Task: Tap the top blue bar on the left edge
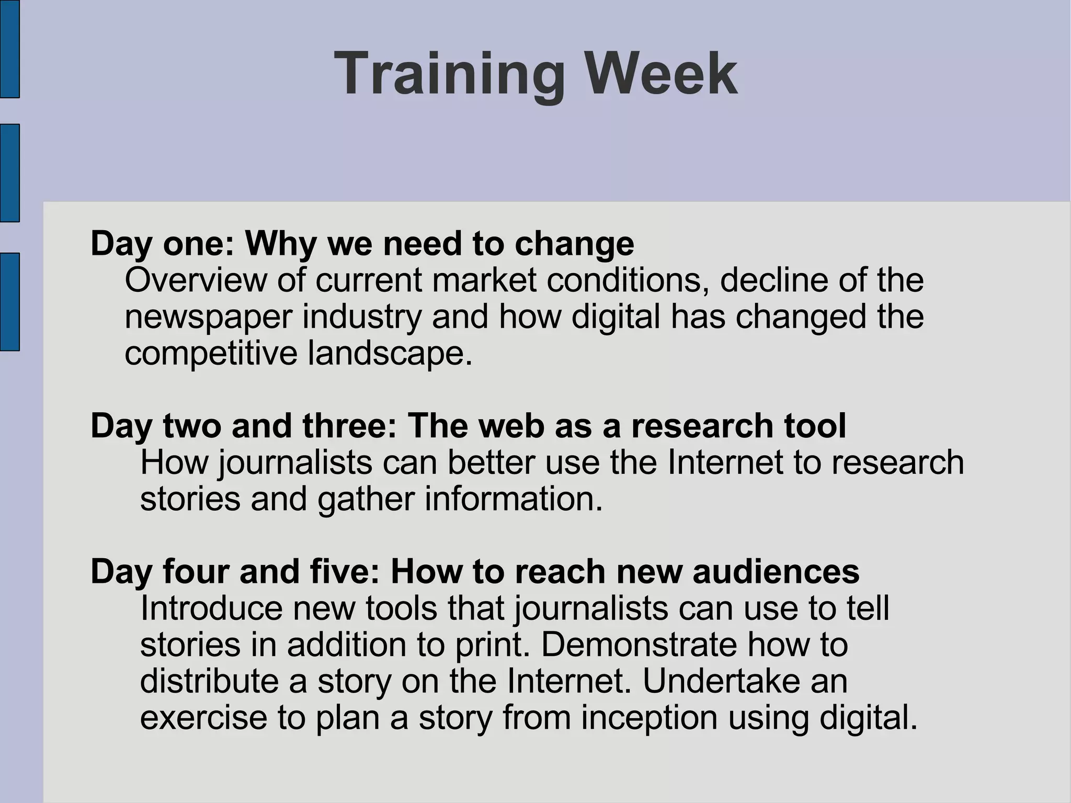point(9,49)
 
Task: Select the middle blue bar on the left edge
point(9,173)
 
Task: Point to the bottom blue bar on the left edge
point(9,302)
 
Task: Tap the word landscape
point(390,354)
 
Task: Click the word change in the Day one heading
point(574,244)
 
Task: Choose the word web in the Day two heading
point(512,426)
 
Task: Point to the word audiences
point(776,571)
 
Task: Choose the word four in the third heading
point(196,571)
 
